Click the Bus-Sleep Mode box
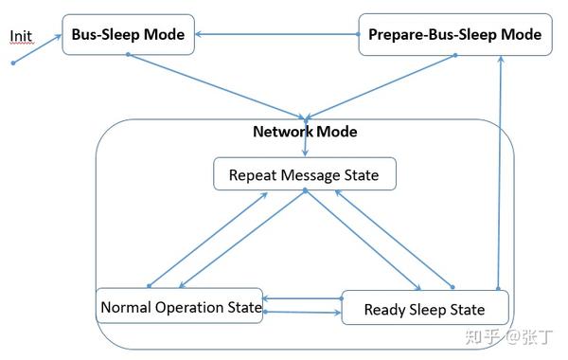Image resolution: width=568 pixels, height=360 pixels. (129, 35)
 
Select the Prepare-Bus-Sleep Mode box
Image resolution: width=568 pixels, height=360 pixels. (456, 35)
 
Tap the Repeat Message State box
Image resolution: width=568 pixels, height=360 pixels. (303, 174)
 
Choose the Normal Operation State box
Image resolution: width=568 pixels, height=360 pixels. (180, 307)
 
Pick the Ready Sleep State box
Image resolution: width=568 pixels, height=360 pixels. (424, 309)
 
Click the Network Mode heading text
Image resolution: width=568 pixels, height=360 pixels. (304, 132)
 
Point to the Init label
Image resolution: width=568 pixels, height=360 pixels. (21, 36)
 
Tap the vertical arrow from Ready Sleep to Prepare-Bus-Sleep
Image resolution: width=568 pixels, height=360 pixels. (499, 171)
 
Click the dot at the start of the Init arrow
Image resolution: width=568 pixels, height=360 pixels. (13, 63)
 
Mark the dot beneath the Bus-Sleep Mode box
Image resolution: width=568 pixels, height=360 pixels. (129, 55)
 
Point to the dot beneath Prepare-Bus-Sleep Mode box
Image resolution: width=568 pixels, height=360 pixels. (455, 55)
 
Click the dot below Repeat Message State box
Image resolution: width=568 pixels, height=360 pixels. (304, 190)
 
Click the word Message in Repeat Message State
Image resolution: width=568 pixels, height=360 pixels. (304, 174)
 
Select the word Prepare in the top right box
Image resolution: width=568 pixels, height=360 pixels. (393, 35)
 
